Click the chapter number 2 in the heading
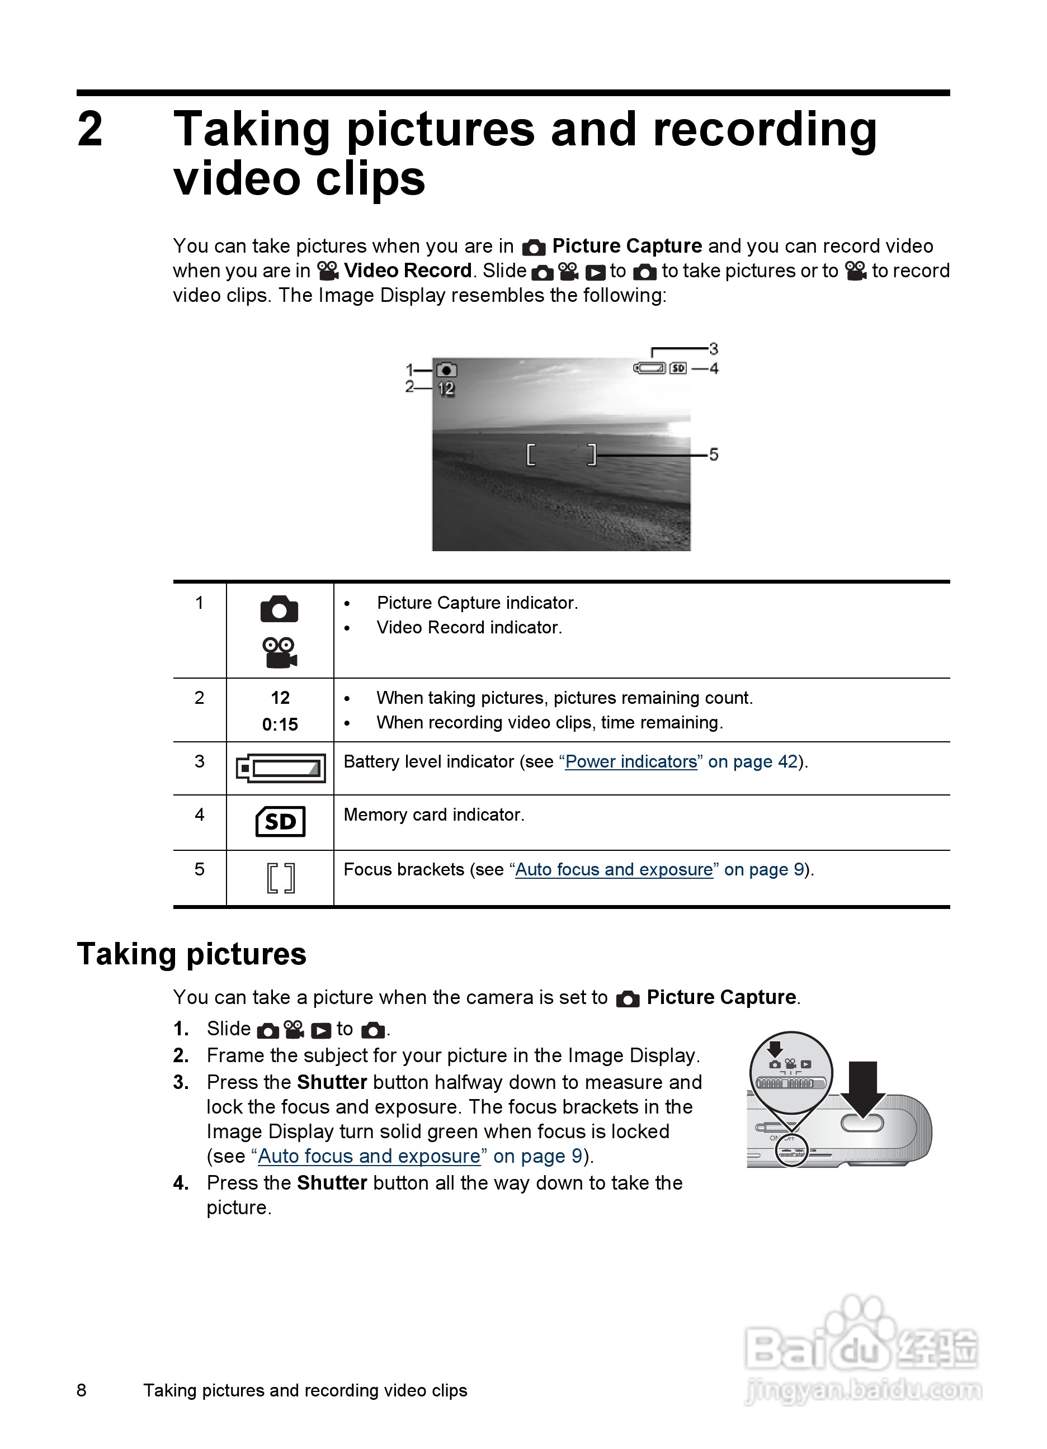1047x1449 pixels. [90, 129]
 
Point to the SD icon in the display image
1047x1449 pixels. [677, 368]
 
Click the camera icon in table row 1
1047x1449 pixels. [279, 609]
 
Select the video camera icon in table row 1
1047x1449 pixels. [279, 652]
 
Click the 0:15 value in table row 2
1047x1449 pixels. [280, 724]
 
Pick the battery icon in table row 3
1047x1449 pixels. [281, 768]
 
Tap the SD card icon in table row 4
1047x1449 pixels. [280, 822]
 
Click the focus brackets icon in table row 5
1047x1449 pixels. [281, 878]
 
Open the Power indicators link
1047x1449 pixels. [631, 761]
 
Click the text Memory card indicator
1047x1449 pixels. [434, 815]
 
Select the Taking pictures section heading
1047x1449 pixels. [192, 954]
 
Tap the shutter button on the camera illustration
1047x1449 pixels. [862, 1123]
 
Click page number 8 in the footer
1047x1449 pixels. [82, 1390]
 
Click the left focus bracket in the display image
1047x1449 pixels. [531, 454]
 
